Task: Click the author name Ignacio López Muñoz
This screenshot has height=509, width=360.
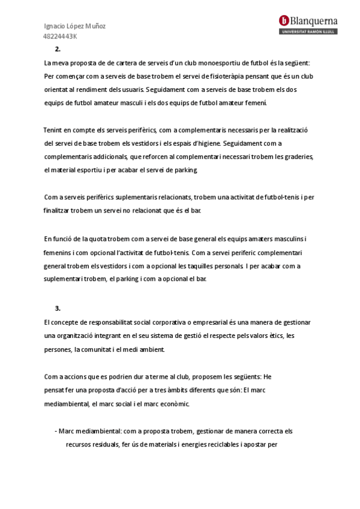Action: tap(75, 26)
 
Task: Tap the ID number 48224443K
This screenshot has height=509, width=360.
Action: tap(60, 37)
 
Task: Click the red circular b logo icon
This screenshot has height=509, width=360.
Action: tap(284, 20)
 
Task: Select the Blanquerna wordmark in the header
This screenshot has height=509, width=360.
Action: tap(314, 20)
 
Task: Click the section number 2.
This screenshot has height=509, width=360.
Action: tap(58, 50)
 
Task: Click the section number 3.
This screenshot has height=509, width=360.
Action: tap(58, 308)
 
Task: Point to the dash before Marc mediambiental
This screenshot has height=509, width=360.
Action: tap(55, 431)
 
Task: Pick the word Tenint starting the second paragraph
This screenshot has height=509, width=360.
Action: tap(53, 130)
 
